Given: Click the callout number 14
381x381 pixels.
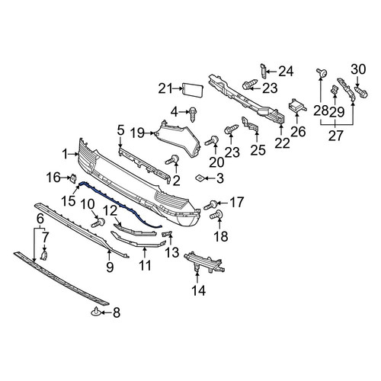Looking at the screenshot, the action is point(199,290).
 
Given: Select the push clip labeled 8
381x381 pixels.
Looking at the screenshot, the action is point(96,312).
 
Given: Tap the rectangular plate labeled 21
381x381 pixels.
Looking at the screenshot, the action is point(193,90).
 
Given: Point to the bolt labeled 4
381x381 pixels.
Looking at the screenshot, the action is point(193,114).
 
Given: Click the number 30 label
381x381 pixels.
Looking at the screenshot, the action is point(358,69).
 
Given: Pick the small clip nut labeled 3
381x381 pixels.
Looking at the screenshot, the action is point(200,178).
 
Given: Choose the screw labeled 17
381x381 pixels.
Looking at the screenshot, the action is point(210,205).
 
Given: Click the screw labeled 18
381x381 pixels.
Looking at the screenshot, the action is point(216,215).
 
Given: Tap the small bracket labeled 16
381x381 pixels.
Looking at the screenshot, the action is point(73,178).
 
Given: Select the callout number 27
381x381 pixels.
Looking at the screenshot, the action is point(336,136).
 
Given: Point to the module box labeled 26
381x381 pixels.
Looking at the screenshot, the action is point(297,107).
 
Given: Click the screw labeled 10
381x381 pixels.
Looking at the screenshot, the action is point(98,223).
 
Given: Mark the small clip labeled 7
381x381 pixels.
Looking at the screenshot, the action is point(44,255).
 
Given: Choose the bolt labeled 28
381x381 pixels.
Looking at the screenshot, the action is point(322,72).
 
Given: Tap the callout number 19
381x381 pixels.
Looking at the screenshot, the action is point(137,133).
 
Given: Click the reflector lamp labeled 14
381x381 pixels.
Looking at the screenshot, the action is point(204,263).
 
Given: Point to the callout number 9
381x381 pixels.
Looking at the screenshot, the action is point(110,267).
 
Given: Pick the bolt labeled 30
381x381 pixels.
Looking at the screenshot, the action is point(361,92).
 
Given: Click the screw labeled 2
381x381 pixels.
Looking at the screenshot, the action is point(172,160).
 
